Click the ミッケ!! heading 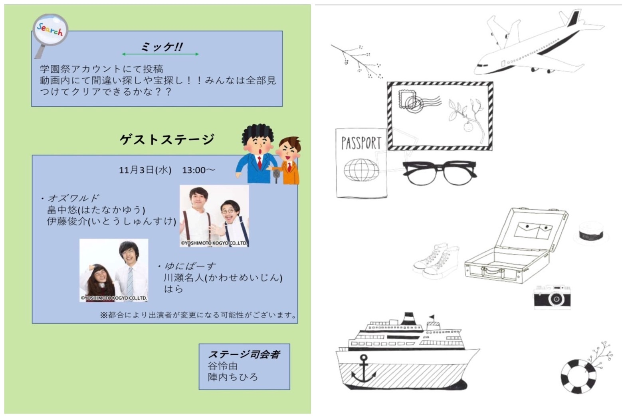point(162,46)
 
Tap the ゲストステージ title point(167,139)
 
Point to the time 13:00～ point(199,170)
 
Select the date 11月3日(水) point(145,170)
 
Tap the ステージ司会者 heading point(244,354)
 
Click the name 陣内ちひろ point(233,377)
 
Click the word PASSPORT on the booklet point(361,143)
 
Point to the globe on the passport point(361,170)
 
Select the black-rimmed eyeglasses point(440,173)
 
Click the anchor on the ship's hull point(364,369)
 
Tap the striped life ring point(578,376)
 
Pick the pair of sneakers point(436,261)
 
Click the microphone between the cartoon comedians point(276,176)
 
